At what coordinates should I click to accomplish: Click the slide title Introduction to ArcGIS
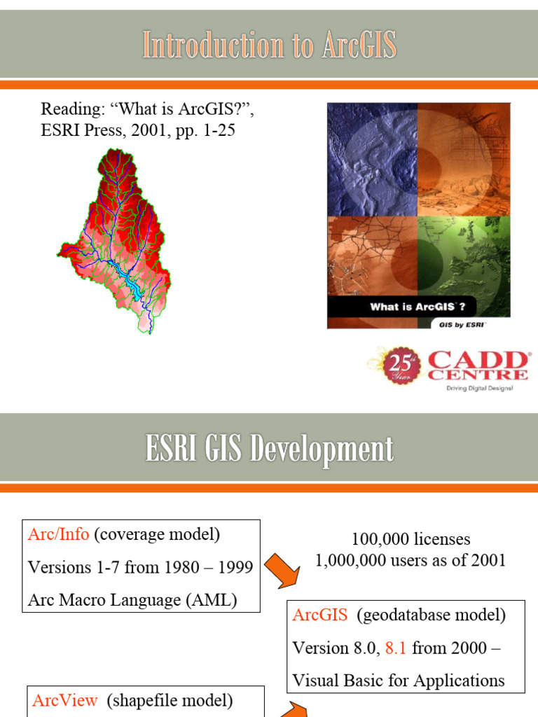270,46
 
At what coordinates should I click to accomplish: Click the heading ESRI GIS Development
270,449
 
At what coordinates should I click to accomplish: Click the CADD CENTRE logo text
478,366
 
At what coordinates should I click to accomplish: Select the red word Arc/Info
58,534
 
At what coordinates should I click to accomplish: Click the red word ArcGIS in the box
320,615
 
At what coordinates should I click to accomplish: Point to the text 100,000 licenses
411,539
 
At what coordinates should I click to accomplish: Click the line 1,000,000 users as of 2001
411,560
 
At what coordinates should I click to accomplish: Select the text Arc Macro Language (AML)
132,600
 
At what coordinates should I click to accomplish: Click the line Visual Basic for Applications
398,680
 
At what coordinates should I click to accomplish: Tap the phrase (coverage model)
157,534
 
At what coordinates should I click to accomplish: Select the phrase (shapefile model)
170,700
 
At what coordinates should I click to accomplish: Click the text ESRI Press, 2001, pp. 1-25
138,130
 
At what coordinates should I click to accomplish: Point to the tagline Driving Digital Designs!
479,387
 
